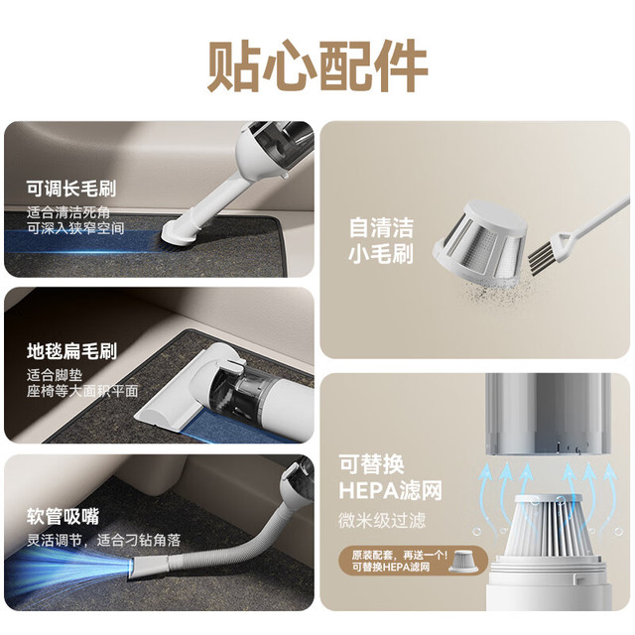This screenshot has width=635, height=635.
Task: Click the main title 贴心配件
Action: pos(317,66)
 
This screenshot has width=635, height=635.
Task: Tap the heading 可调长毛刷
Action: pos(71,189)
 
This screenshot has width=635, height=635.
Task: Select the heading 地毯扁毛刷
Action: pos(71,351)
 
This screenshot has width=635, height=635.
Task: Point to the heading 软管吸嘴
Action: pos(63,516)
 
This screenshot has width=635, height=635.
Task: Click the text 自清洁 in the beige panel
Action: pos(381,227)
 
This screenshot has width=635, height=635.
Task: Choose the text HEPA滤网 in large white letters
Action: pos(390,490)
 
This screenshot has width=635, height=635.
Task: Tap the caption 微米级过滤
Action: pos(382,520)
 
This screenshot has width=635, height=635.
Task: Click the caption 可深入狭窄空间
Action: pos(75,228)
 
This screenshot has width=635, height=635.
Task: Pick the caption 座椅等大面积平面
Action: pos(82,391)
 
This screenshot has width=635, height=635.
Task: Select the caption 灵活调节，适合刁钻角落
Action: pos(103,540)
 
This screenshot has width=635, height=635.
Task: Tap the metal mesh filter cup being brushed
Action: pos(480,242)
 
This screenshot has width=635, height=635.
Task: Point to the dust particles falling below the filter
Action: pos(494,292)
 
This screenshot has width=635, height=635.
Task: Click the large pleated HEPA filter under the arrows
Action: pos(550,530)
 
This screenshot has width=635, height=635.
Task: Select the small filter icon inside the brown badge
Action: pos(464,561)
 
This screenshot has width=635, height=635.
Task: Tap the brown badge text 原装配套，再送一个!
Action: pos(399,555)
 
